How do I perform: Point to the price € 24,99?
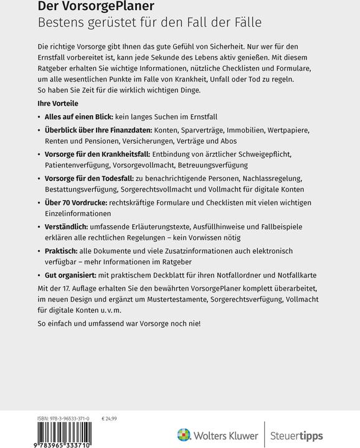click(110, 419)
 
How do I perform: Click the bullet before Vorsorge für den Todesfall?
click(40, 178)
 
